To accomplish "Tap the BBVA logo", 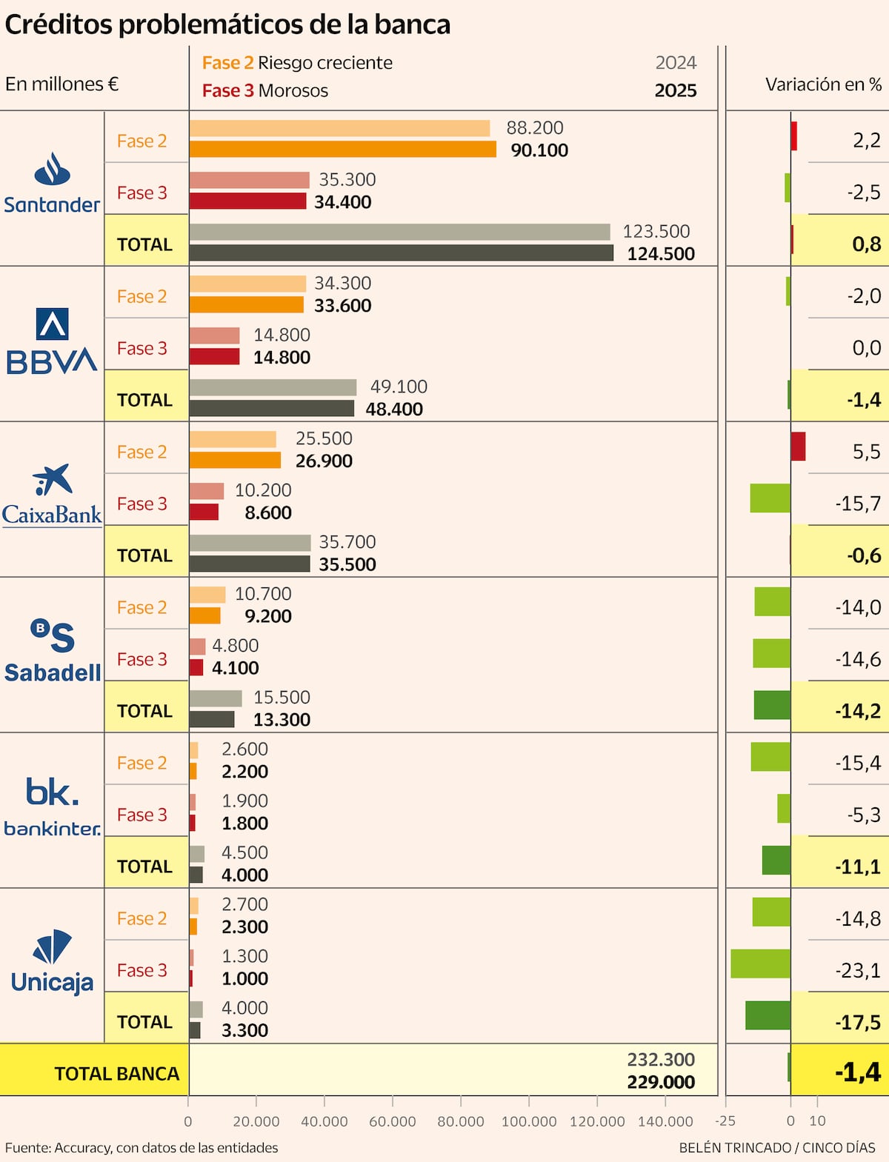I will (x=52, y=341).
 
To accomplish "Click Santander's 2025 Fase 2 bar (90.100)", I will (x=342, y=150).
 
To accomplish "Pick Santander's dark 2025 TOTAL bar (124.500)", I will (x=401, y=253).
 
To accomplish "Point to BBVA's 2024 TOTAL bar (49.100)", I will (x=273, y=387).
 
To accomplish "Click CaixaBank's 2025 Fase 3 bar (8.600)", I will (x=204, y=512).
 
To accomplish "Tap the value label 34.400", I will (x=342, y=202).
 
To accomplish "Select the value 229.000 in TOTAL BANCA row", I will (x=661, y=1082).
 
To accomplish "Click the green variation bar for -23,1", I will (x=760, y=964).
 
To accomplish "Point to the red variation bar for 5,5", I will (x=798, y=447).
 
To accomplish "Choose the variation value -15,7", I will (x=858, y=504).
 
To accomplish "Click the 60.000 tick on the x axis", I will (x=393, y=1121).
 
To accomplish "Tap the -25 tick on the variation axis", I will (x=726, y=1121).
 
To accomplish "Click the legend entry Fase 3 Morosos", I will (x=265, y=91).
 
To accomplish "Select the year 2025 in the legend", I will (x=676, y=91).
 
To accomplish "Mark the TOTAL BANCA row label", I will (x=116, y=1074).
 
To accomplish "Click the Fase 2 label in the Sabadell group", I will (x=141, y=607).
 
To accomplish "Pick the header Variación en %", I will (x=823, y=84).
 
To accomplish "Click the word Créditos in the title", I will (x=59, y=24).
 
